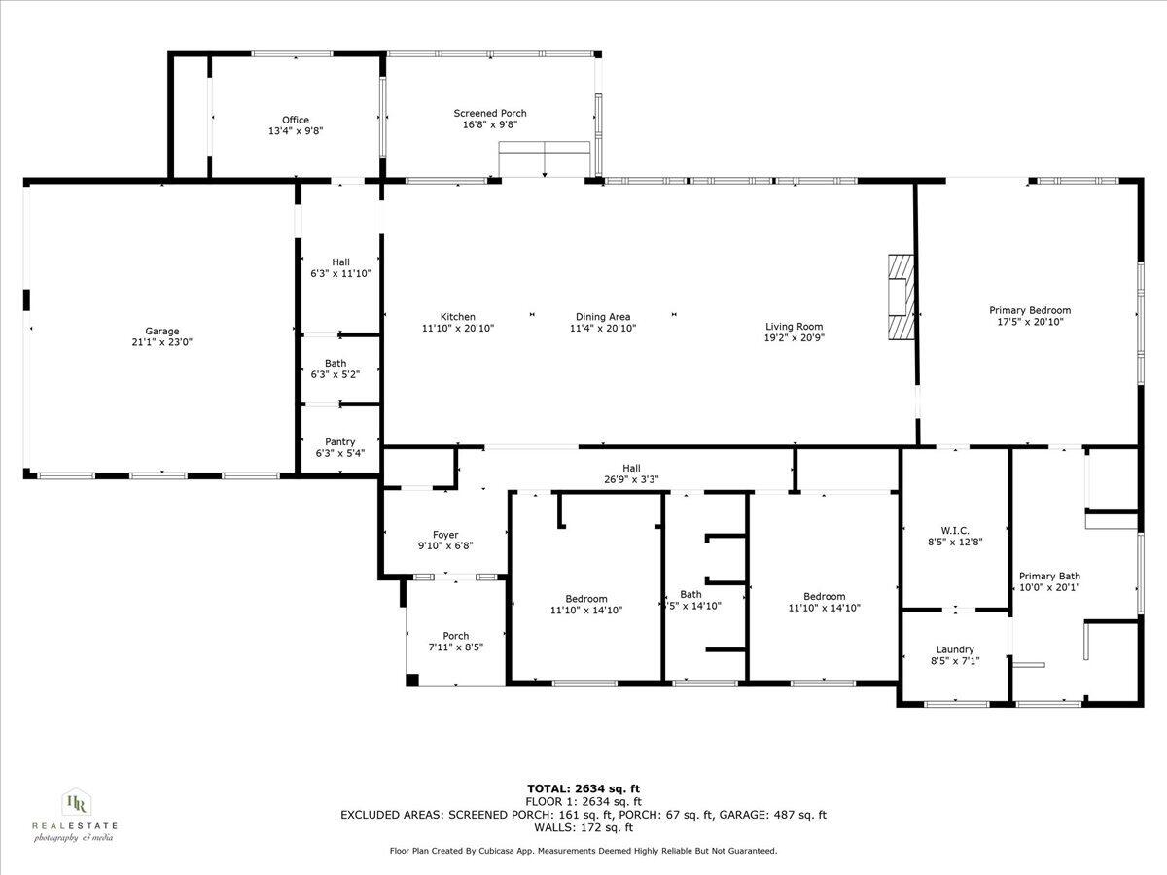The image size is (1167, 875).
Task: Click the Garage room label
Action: [162, 331]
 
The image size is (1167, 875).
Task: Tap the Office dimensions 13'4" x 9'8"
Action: [296, 131]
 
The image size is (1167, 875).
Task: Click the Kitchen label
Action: [458, 316]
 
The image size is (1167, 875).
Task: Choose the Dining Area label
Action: [603, 316]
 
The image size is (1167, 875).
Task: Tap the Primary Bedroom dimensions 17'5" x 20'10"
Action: [1030, 322]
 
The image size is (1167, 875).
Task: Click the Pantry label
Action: [339, 441]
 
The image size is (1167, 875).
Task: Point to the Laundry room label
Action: [955, 649]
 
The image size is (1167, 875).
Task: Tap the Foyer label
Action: [445, 535]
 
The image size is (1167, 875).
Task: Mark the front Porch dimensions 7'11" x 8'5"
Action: [455, 647]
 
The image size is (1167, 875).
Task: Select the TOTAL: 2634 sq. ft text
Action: [583, 788]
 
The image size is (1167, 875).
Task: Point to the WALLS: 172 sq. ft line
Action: [583, 827]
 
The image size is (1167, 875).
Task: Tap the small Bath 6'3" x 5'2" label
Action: [336, 363]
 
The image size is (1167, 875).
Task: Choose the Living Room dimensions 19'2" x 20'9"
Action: [794, 338]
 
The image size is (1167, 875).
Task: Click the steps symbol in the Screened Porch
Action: [545, 159]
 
